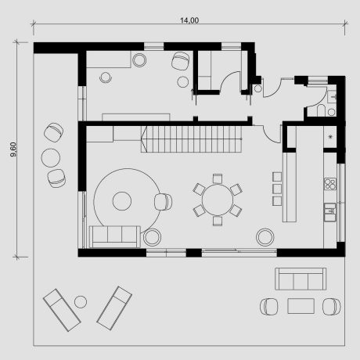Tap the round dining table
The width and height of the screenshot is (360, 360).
pos(217,200)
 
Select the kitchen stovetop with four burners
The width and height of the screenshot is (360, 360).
pos(330,185)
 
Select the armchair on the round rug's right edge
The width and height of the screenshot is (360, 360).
pos(163,202)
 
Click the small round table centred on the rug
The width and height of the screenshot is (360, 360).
pos(121,200)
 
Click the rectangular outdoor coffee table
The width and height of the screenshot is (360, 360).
pos(301,305)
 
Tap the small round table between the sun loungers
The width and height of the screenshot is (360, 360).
pos(80,302)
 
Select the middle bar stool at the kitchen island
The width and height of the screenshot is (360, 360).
pos(276,189)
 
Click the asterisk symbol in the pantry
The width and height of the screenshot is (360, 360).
pos(330,139)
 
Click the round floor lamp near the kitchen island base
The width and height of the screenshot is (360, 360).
pos(266,235)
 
